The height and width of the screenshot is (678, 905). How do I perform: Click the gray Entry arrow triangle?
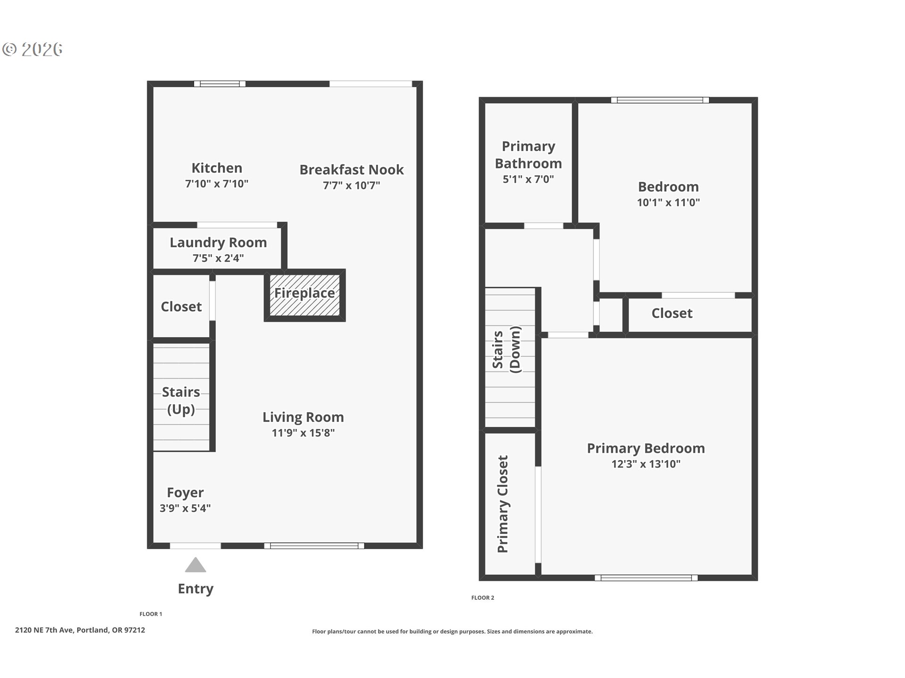pyautogui.click(x=196, y=565)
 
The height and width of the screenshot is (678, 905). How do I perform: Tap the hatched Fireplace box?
pyautogui.click(x=304, y=295)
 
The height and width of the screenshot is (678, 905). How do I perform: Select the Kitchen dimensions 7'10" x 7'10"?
pyautogui.click(x=217, y=184)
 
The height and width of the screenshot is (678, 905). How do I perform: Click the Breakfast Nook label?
pyautogui.click(x=352, y=169)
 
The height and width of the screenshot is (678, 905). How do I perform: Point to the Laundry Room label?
pyautogui.click(x=218, y=242)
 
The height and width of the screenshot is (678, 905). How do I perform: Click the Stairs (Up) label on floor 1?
pyautogui.click(x=181, y=400)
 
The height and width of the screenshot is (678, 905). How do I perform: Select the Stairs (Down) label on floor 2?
pyautogui.click(x=507, y=349)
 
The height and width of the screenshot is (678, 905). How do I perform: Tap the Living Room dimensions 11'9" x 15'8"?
pyautogui.click(x=303, y=433)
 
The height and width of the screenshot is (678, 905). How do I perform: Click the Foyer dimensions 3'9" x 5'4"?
pyautogui.click(x=185, y=508)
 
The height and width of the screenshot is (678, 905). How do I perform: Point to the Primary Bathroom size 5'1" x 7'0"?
pyautogui.click(x=528, y=179)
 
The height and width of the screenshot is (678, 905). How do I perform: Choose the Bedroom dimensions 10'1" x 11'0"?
pyautogui.click(x=668, y=202)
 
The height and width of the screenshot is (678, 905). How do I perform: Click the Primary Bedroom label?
pyautogui.click(x=646, y=448)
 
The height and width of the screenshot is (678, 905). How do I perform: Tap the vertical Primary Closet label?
pyautogui.click(x=503, y=504)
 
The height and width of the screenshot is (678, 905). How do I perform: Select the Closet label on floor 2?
pyautogui.click(x=672, y=313)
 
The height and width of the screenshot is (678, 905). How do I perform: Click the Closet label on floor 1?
pyautogui.click(x=181, y=307)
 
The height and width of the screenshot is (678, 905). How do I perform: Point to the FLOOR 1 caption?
pyautogui.click(x=151, y=614)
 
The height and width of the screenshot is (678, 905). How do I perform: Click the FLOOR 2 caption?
pyautogui.click(x=483, y=597)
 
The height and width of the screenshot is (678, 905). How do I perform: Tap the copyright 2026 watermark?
pyautogui.click(x=33, y=49)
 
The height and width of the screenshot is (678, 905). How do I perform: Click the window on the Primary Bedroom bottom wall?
pyautogui.click(x=646, y=578)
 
